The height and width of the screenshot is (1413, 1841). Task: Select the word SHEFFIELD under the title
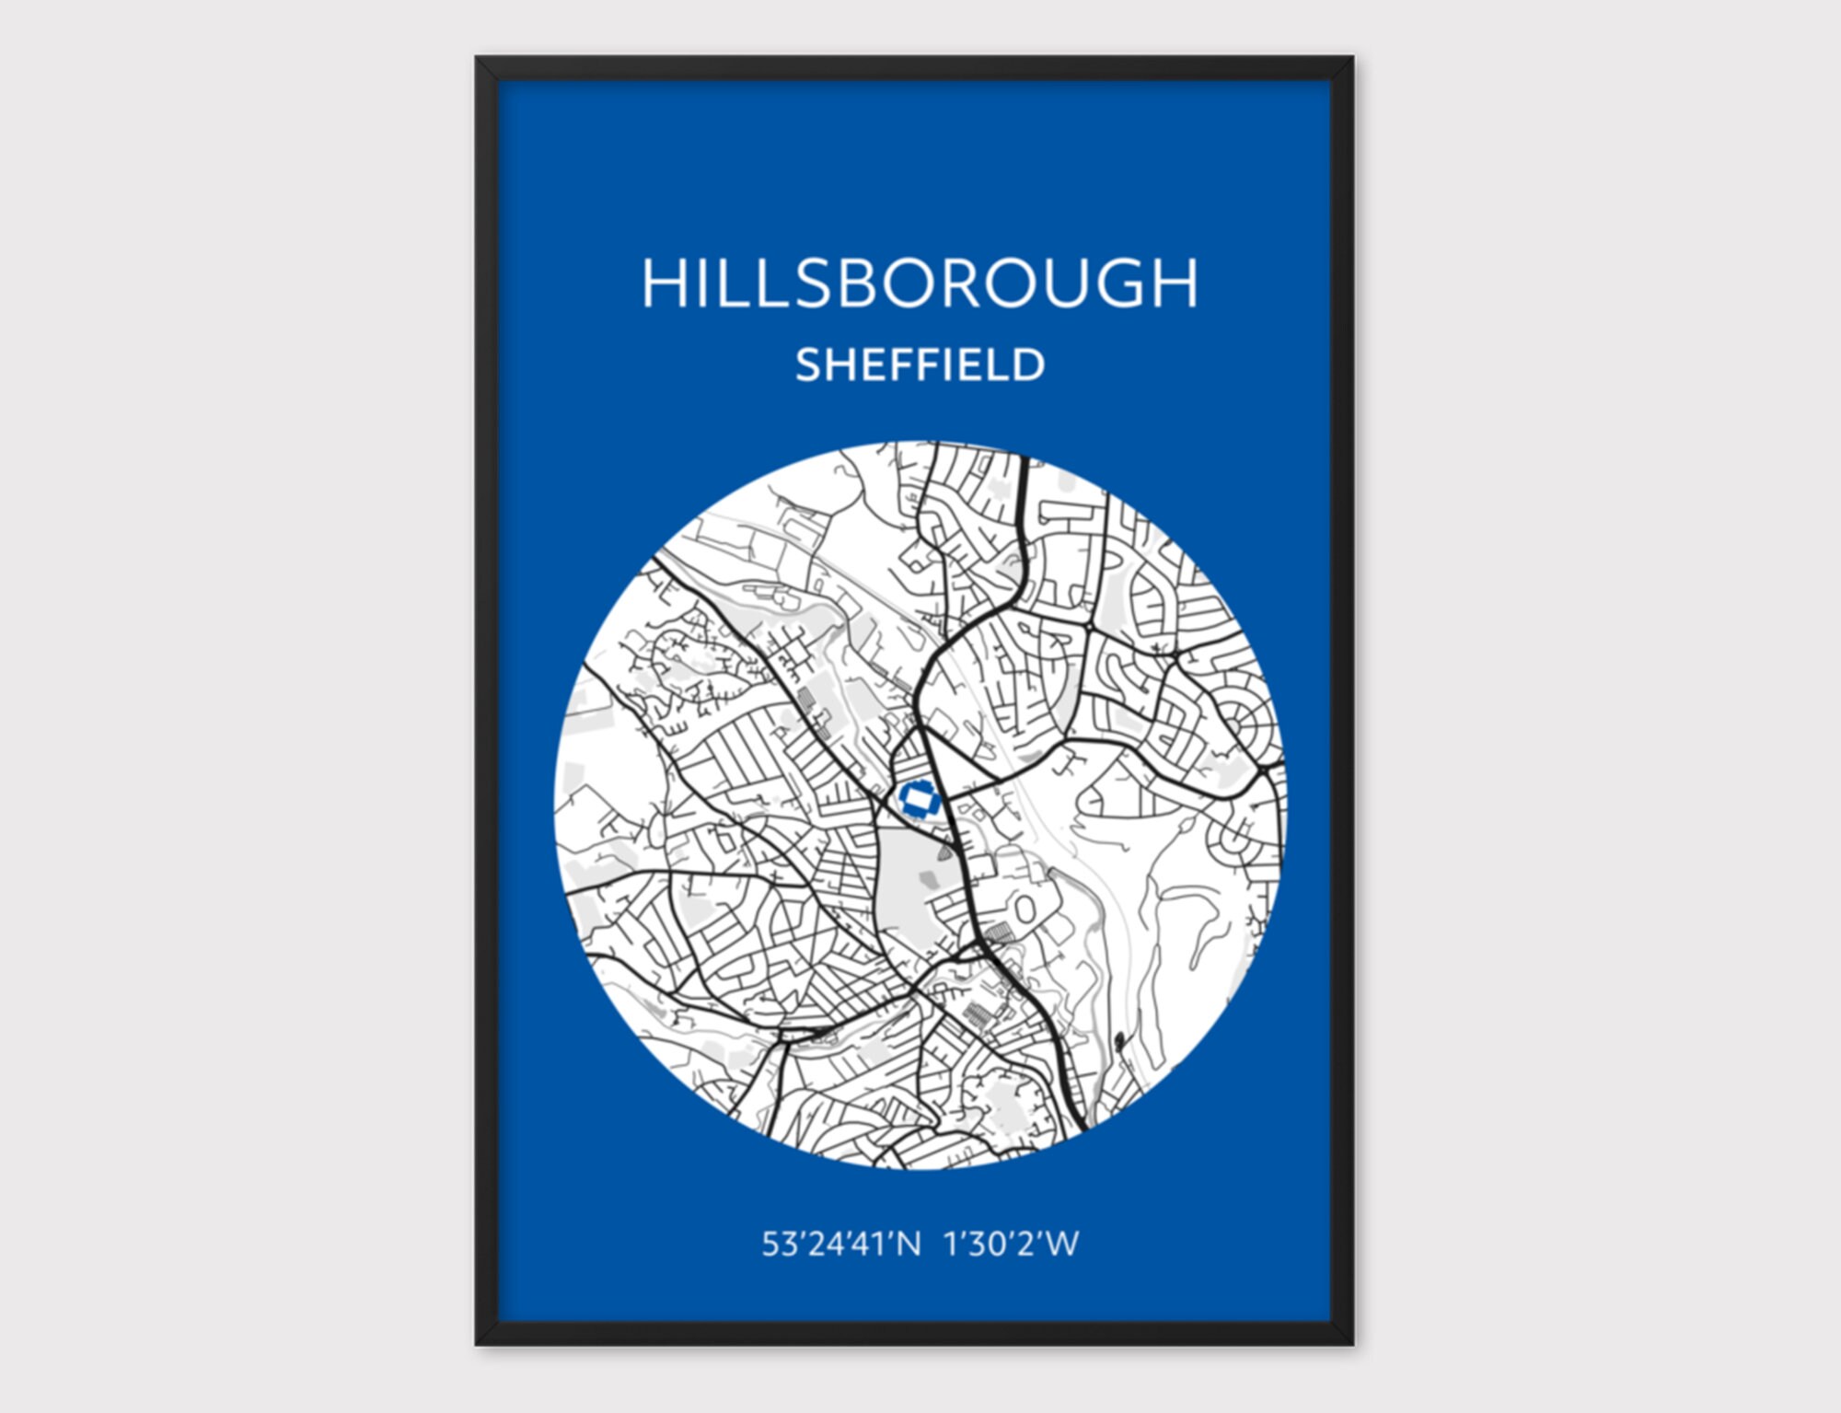point(920,365)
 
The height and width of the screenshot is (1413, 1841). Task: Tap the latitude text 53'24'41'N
point(840,1245)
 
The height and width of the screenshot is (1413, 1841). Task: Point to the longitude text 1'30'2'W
point(1011,1245)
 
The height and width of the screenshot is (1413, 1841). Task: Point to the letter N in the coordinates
point(908,1245)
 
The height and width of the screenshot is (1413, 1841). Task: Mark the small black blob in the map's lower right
point(1119,1042)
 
